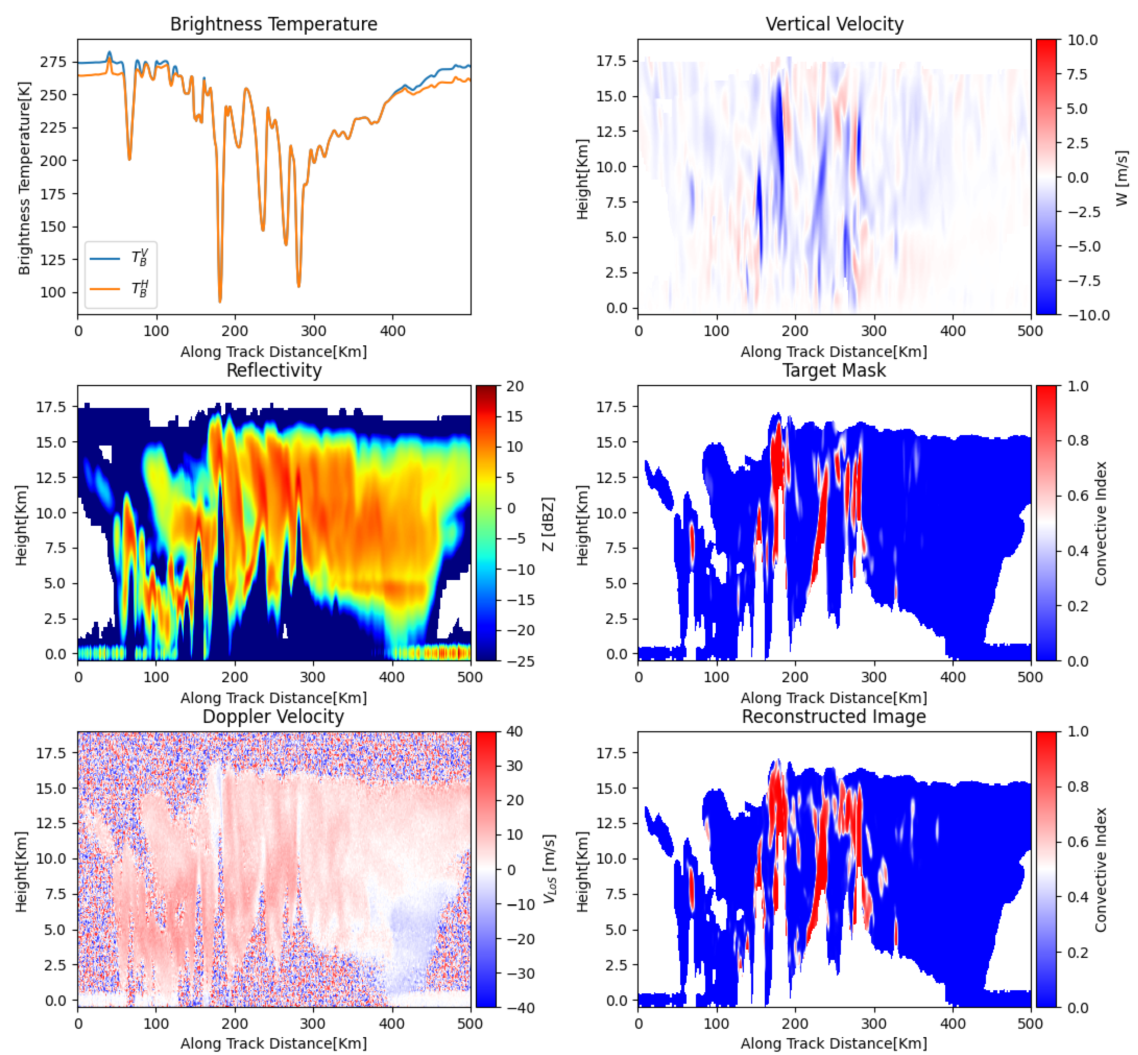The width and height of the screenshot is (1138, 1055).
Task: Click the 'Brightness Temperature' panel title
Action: point(274,24)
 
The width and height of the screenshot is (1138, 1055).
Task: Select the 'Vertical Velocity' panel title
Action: point(834,24)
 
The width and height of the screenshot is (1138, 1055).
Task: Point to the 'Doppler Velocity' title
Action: point(274,716)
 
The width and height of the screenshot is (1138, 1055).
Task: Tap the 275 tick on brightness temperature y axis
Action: point(53,62)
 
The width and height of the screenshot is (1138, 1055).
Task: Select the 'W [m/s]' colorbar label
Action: point(1122,178)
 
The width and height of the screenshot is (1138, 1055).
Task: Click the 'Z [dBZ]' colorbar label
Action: point(548,524)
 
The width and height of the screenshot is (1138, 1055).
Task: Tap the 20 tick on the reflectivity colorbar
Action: point(515,386)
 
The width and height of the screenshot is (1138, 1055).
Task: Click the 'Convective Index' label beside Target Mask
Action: point(1100,524)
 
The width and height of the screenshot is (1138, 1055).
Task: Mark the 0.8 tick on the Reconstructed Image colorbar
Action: point(1077,787)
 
